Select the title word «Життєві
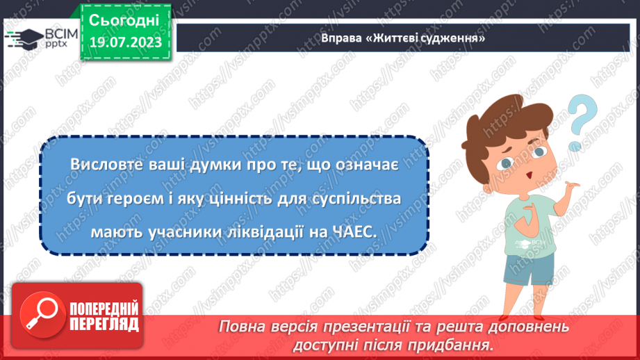[x=388, y=38]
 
